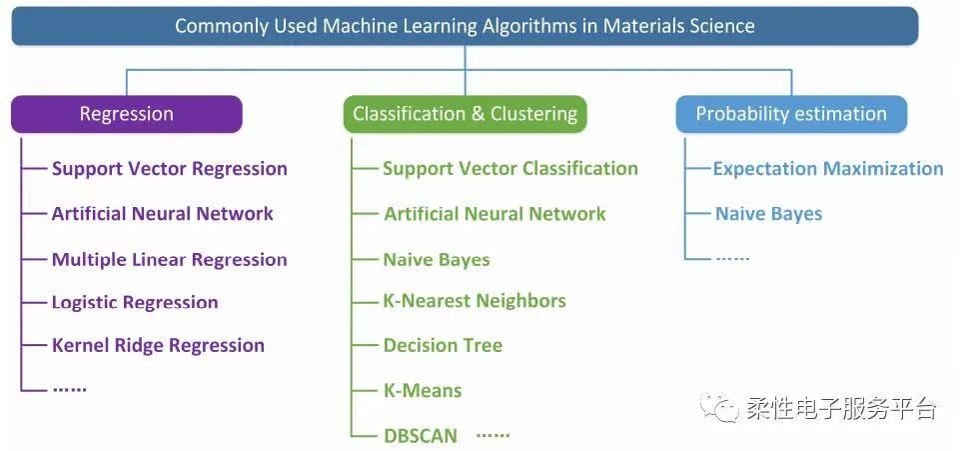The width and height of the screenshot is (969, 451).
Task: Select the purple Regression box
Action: tap(126, 114)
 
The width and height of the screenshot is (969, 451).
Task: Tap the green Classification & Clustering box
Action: tap(465, 114)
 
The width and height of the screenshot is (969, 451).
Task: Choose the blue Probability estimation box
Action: tap(790, 114)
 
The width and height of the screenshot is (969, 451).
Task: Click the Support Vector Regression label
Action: tap(169, 169)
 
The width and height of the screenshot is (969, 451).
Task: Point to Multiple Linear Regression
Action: tap(169, 260)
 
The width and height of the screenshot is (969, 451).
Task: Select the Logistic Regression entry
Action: tap(135, 303)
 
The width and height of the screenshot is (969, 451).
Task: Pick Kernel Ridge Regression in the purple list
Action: tap(158, 346)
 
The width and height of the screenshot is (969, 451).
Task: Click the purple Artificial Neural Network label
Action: tap(162, 214)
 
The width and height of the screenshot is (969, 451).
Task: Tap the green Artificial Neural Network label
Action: tap(494, 214)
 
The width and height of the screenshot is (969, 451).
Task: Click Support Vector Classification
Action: tap(509, 169)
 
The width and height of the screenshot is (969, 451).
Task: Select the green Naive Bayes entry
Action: tap(437, 260)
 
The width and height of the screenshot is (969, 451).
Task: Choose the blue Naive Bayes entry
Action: tap(768, 214)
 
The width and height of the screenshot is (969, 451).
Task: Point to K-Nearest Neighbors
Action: tap(475, 301)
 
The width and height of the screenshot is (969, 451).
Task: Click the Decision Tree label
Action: tap(443, 346)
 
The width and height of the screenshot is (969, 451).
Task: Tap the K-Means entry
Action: tap(423, 391)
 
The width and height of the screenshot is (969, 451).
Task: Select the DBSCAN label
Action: tap(421, 436)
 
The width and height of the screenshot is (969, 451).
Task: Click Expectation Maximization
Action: tap(827, 169)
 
